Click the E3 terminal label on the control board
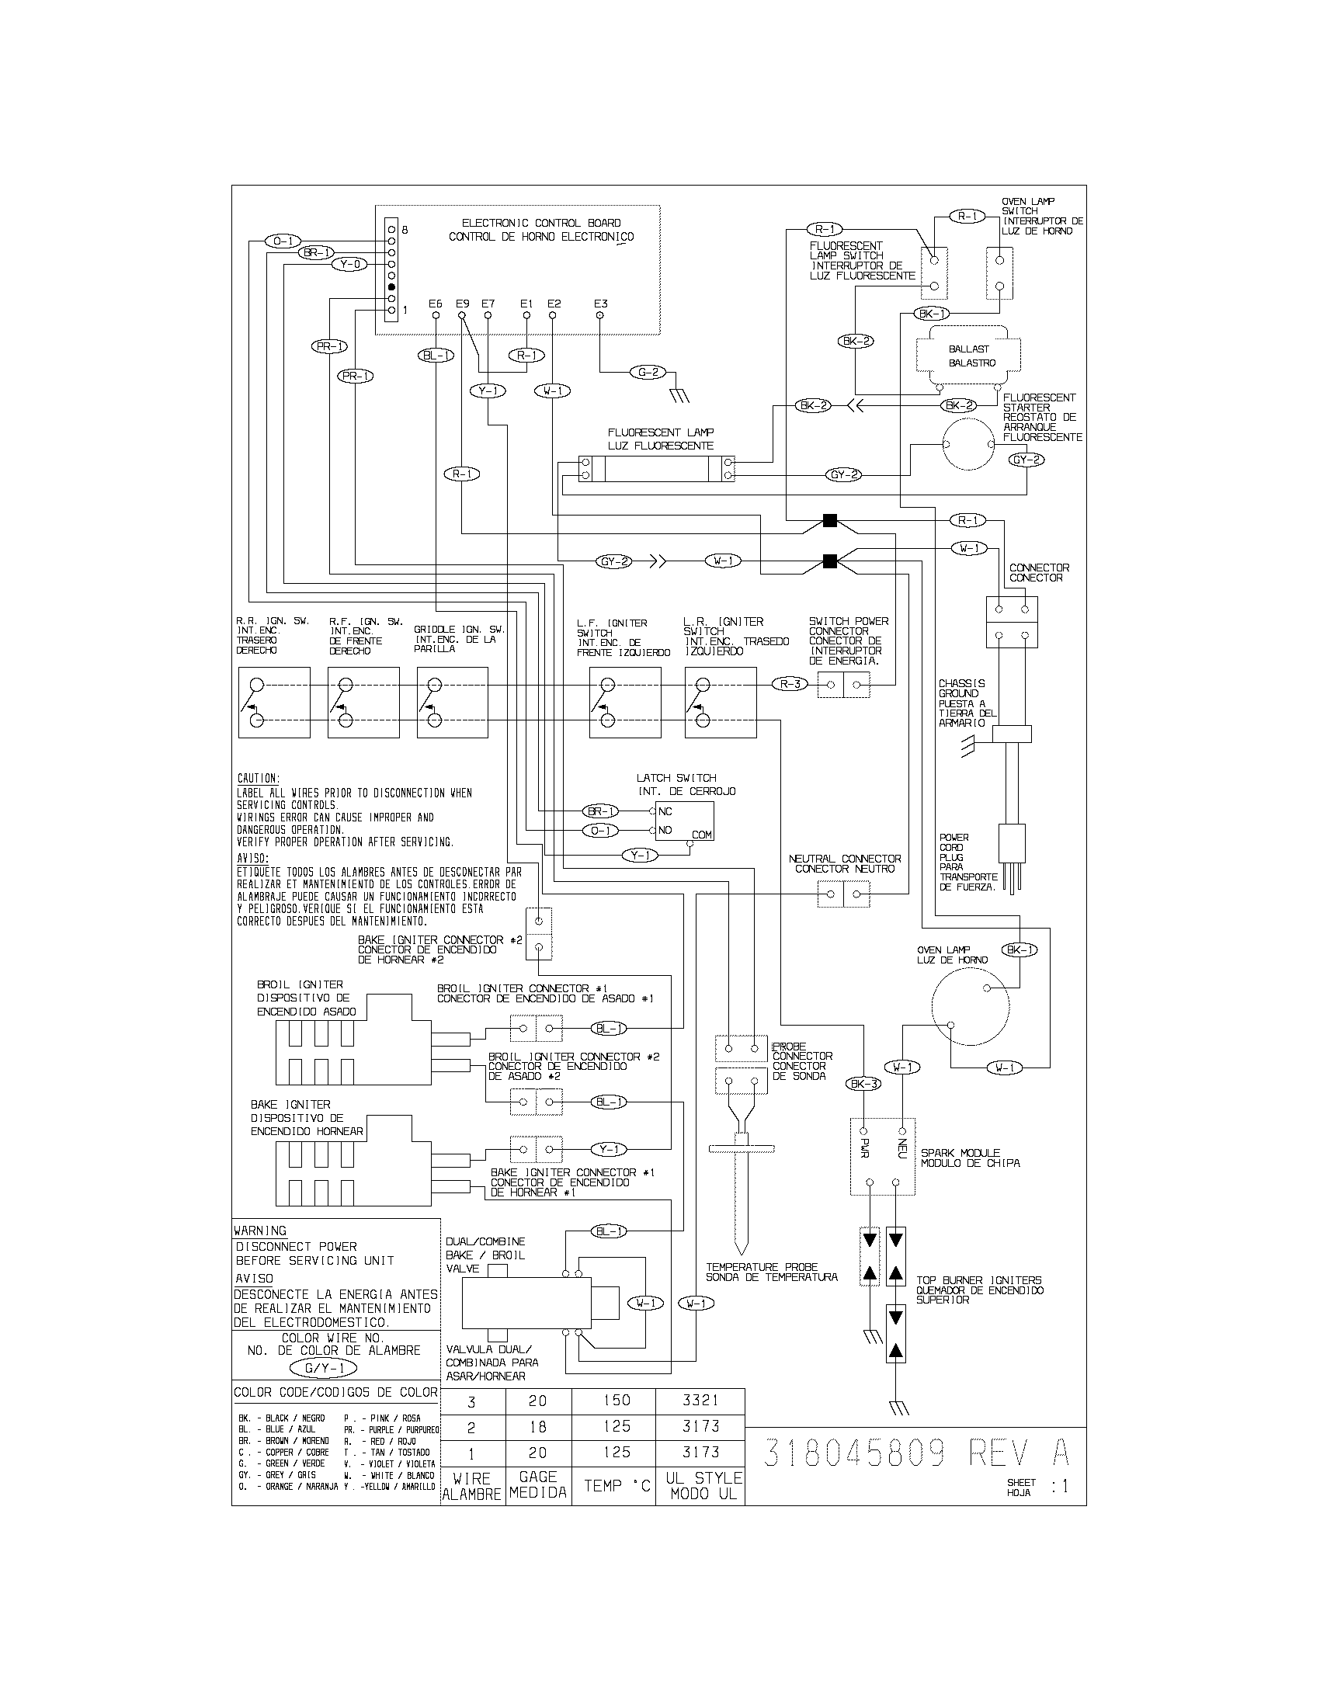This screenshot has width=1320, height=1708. (599, 304)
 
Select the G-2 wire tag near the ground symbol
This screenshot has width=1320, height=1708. (648, 372)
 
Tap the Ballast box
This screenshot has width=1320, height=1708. (971, 356)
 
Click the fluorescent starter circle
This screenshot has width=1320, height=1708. (969, 444)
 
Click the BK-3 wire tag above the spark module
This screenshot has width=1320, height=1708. (863, 1084)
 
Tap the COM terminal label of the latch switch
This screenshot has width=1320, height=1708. (701, 835)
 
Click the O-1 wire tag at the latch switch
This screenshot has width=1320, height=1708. (599, 831)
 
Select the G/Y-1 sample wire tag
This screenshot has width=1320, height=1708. (323, 1368)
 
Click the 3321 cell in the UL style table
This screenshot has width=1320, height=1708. (700, 1400)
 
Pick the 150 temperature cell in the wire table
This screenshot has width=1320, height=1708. (617, 1400)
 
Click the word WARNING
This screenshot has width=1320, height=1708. (260, 1231)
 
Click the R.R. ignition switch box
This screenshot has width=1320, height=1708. (273, 703)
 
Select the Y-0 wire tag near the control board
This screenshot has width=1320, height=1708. (349, 264)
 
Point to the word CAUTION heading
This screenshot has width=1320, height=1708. (257, 779)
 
